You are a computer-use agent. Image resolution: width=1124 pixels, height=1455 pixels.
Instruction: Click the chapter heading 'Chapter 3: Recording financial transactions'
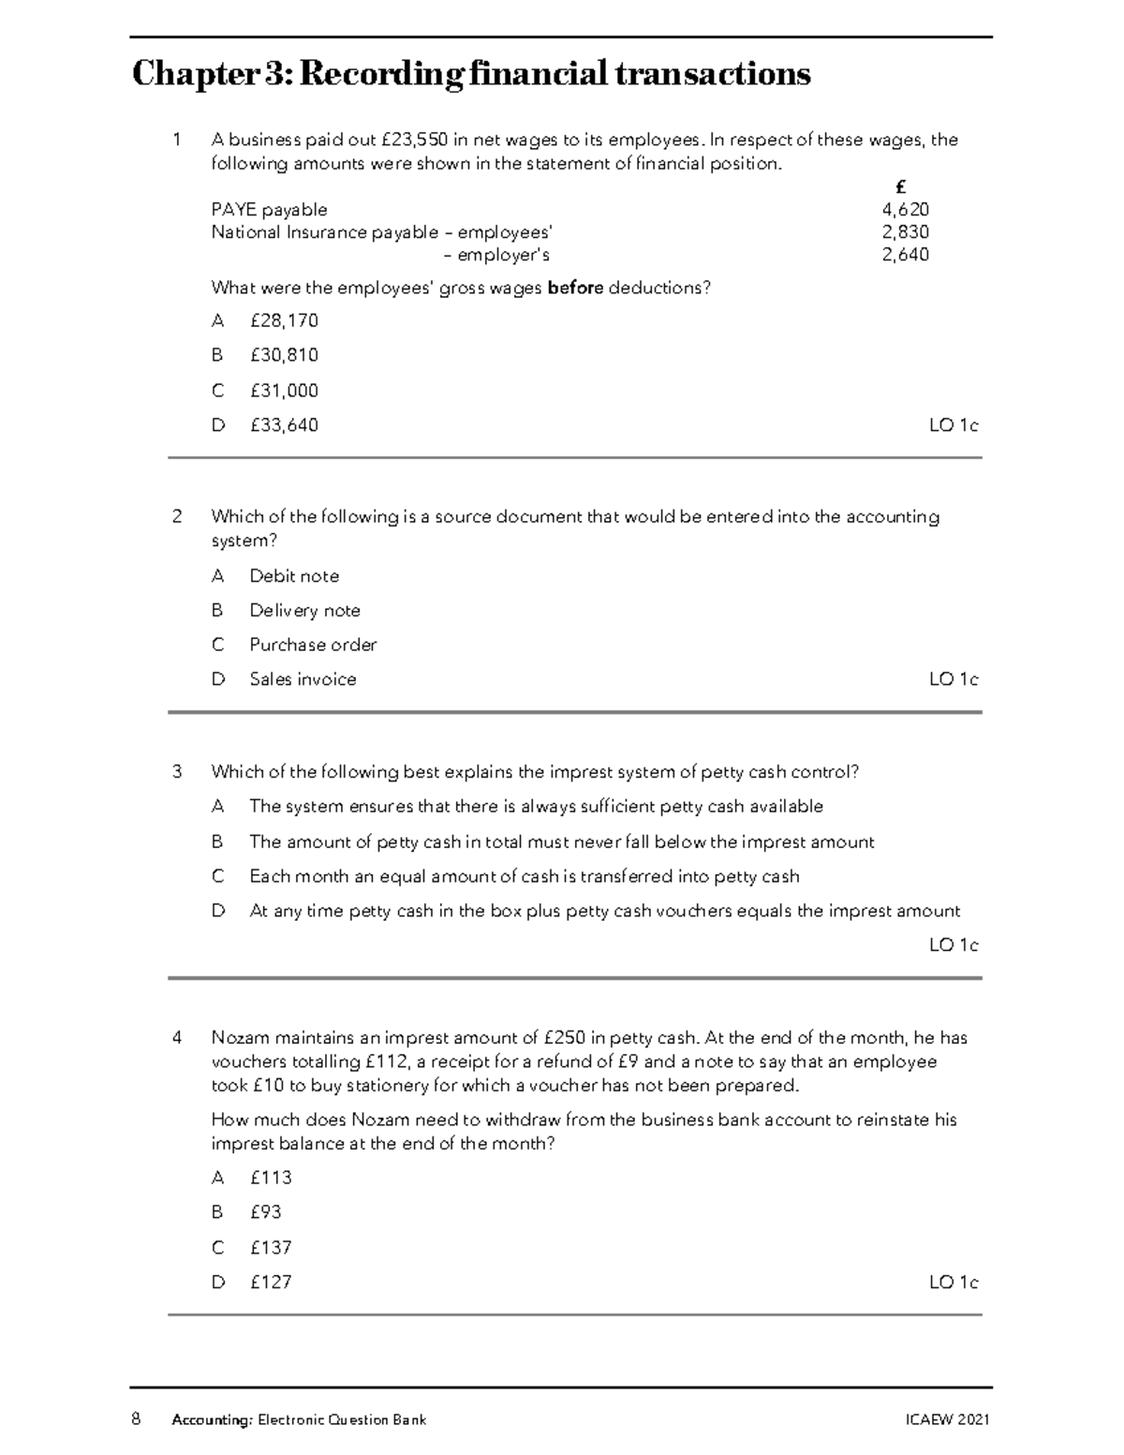tap(471, 73)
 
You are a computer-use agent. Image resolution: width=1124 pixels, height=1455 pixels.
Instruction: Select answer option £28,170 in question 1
tap(284, 320)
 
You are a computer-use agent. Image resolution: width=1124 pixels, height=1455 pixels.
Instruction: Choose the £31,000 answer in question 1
tap(284, 391)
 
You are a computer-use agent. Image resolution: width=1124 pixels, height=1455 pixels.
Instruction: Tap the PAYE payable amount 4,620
tap(905, 210)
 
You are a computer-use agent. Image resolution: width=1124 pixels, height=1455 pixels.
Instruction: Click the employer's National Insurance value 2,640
tap(905, 255)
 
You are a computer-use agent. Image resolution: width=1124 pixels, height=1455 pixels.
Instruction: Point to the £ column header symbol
tap(900, 187)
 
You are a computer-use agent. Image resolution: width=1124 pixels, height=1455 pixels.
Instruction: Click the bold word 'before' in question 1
tap(575, 288)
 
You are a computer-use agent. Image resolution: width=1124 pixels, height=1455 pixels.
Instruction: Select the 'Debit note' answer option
tap(294, 576)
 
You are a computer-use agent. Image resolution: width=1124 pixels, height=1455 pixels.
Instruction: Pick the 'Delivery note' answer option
tap(304, 611)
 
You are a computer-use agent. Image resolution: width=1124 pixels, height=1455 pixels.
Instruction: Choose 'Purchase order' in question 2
tap(313, 645)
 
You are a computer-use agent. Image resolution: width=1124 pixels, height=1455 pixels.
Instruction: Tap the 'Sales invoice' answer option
tap(303, 679)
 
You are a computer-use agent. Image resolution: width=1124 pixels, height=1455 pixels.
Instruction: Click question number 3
tap(177, 772)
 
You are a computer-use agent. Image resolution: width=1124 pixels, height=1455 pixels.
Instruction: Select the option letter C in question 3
tap(217, 876)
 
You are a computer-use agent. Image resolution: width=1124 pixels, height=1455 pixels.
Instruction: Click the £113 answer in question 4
tap(271, 1178)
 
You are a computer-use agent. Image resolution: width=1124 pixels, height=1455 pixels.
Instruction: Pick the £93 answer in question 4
tap(265, 1212)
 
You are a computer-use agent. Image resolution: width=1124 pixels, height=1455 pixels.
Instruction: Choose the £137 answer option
tap(271, 1248)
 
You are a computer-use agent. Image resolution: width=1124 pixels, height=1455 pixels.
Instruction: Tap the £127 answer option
tap(271, 1282)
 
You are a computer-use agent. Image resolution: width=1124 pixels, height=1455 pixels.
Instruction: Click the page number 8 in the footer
tap(137, 1418)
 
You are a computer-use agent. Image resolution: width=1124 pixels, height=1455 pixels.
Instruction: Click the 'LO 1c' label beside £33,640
tap(953, 425)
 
